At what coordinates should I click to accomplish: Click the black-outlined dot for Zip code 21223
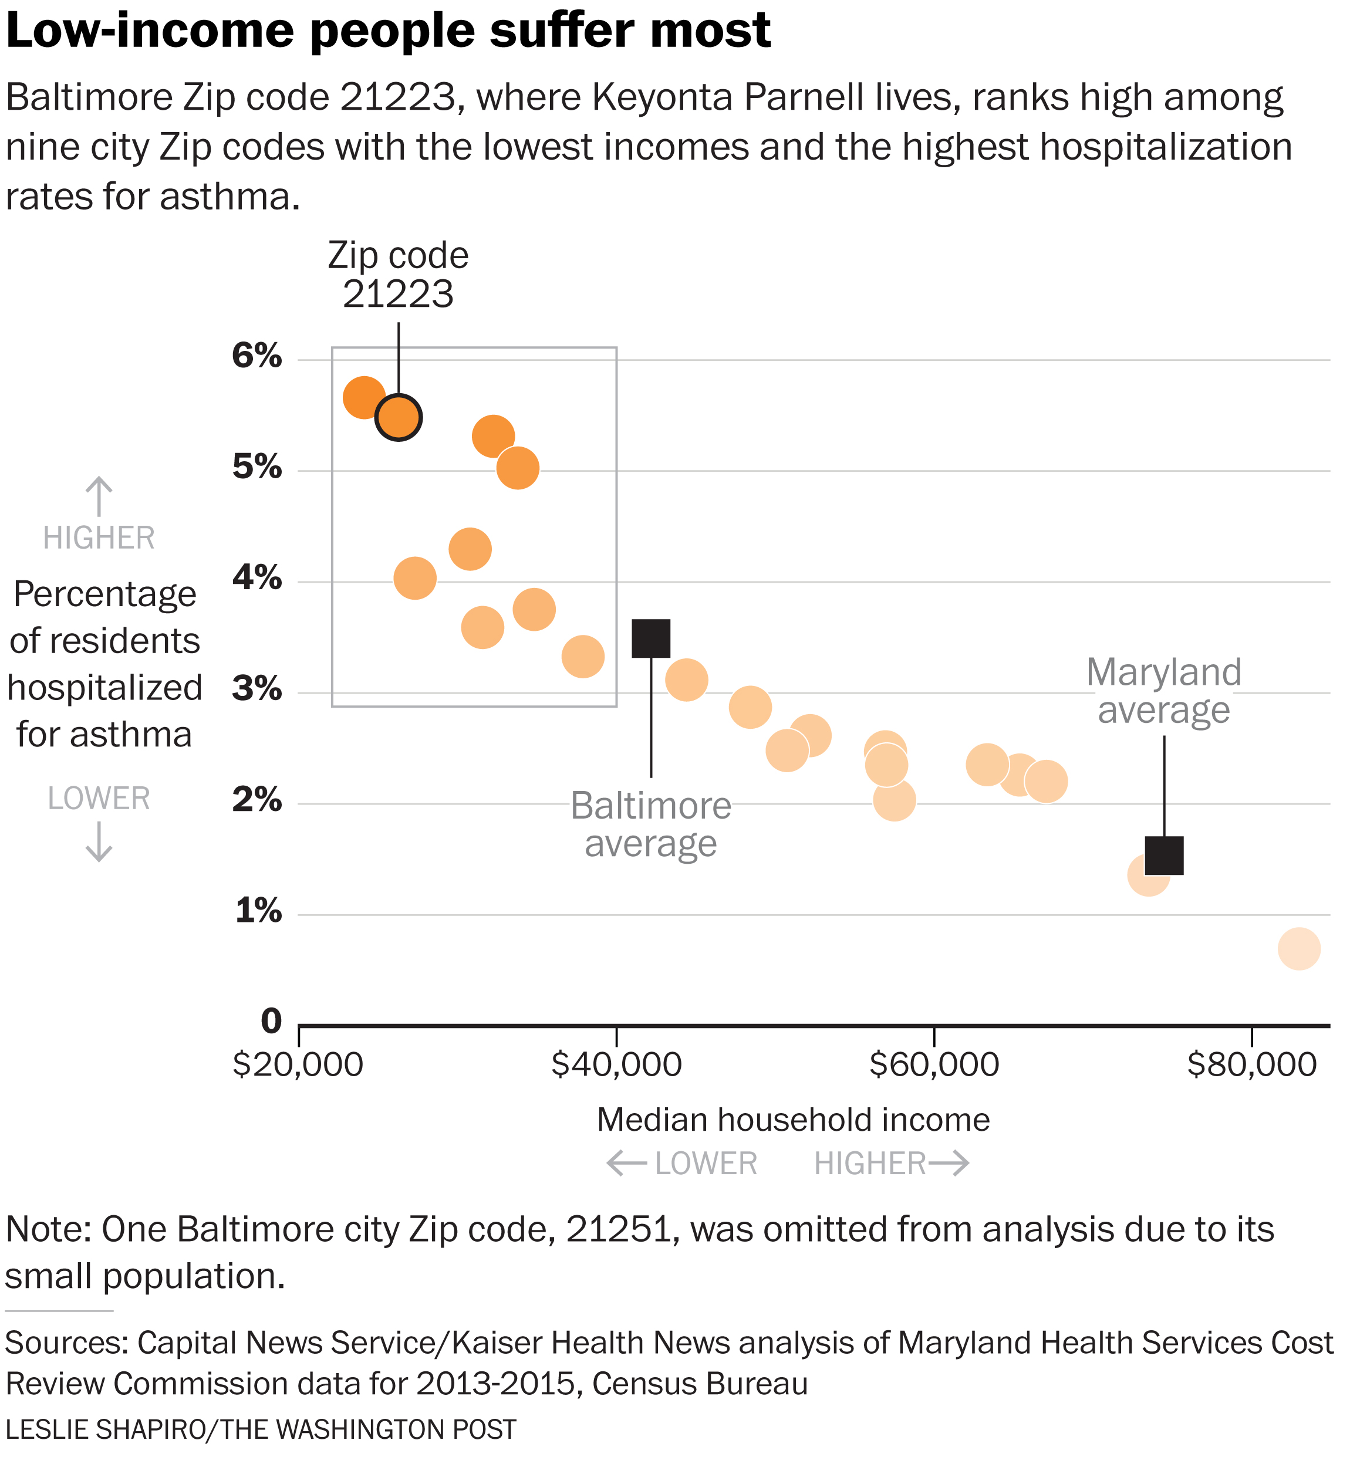pyautogui.click(x=398, y=417)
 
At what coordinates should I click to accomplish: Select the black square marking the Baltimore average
pyautogui.click(x=651, y=638)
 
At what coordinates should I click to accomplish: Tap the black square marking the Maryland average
pyautogui.click(x=1164, y=855)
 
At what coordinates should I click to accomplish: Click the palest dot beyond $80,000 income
pyautogui.click(x=1299, y=949)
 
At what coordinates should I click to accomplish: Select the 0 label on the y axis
pyautogui.click(x=271, y=1021)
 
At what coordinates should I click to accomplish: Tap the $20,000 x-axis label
pyautogui.click(x=298, y=1065)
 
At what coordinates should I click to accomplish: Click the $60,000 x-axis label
pyautogui.click(x=934, y=1065)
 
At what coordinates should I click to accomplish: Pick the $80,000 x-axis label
pyautogui.click(x=1251, y=1065)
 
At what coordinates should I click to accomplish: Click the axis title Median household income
pyautogui.click(x=794, y=1120)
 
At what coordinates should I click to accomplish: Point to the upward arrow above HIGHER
pyautogui.click(x=99, y=496)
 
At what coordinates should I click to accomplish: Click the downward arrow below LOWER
pyautogui.click(x=99, y=842)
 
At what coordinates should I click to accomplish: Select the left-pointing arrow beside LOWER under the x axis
pyautogui.click(x=627, y=1162)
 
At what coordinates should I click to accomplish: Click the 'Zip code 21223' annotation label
pyautogui.click(x=398, y=275)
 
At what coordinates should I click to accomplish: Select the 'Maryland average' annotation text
pyautogui.click(x=1164, y=691)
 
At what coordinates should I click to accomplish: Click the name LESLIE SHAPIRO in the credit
pyautogui.click(x=105, y=1429)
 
